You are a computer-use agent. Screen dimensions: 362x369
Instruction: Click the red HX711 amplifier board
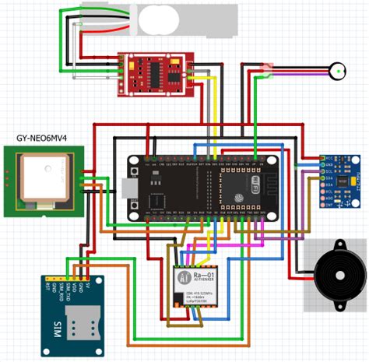click(154, 76)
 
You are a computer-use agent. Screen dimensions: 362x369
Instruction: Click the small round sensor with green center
click(338, 72)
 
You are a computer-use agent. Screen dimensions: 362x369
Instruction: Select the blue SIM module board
click(69, 309)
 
